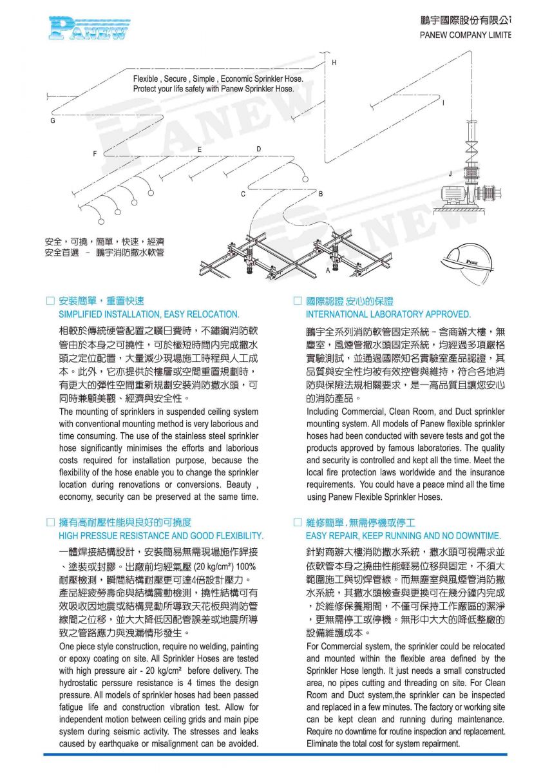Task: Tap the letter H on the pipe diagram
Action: point(334,62)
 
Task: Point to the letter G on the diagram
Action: point(53,121)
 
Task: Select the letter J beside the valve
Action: point(450,173)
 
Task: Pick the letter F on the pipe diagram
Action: point(95,154)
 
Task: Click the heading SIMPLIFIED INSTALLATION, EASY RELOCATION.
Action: point(149,314)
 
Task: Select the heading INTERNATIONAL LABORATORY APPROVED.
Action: point(388,314)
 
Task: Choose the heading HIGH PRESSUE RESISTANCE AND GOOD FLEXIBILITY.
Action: point(161,535)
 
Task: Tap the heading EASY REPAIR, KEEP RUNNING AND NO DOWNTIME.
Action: point(403,535)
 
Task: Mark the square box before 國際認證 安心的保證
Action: point(298,301)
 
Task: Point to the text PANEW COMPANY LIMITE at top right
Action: point(465,35)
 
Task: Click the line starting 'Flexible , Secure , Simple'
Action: point(218,79)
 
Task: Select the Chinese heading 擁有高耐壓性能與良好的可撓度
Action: point(125,522)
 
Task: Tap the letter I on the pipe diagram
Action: point(443,103)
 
